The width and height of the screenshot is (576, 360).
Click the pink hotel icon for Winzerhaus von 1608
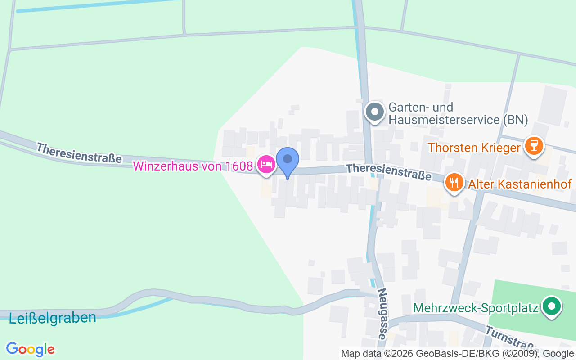coord(266,165)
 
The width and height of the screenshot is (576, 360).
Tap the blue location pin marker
coord(287,160)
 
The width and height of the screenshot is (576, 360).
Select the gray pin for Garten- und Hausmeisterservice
coord(374,112)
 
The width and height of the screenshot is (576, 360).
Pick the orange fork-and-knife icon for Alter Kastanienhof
coord(454,183)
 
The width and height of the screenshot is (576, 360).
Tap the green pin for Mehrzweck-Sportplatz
coord(552,307)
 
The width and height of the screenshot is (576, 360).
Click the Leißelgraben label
coord(52,318)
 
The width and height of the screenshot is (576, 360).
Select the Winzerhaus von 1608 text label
coord(193,166)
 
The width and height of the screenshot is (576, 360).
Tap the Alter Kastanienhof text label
coord(520,184)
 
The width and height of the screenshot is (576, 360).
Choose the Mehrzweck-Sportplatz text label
coord(476,308)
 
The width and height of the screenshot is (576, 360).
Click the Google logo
coord(30,349)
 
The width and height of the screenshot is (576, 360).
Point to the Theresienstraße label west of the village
coord(79,153)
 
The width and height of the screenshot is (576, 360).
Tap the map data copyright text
coord(457,354)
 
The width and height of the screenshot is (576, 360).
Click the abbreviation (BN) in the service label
coord(515,120)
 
